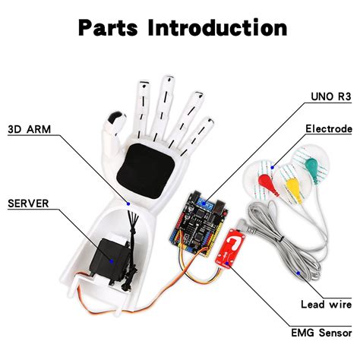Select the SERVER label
pos(30,203)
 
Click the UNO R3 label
pos(330,98)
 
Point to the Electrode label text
pos(328,128)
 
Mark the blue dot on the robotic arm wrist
pos(129,204)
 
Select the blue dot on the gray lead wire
pos(299,271)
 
